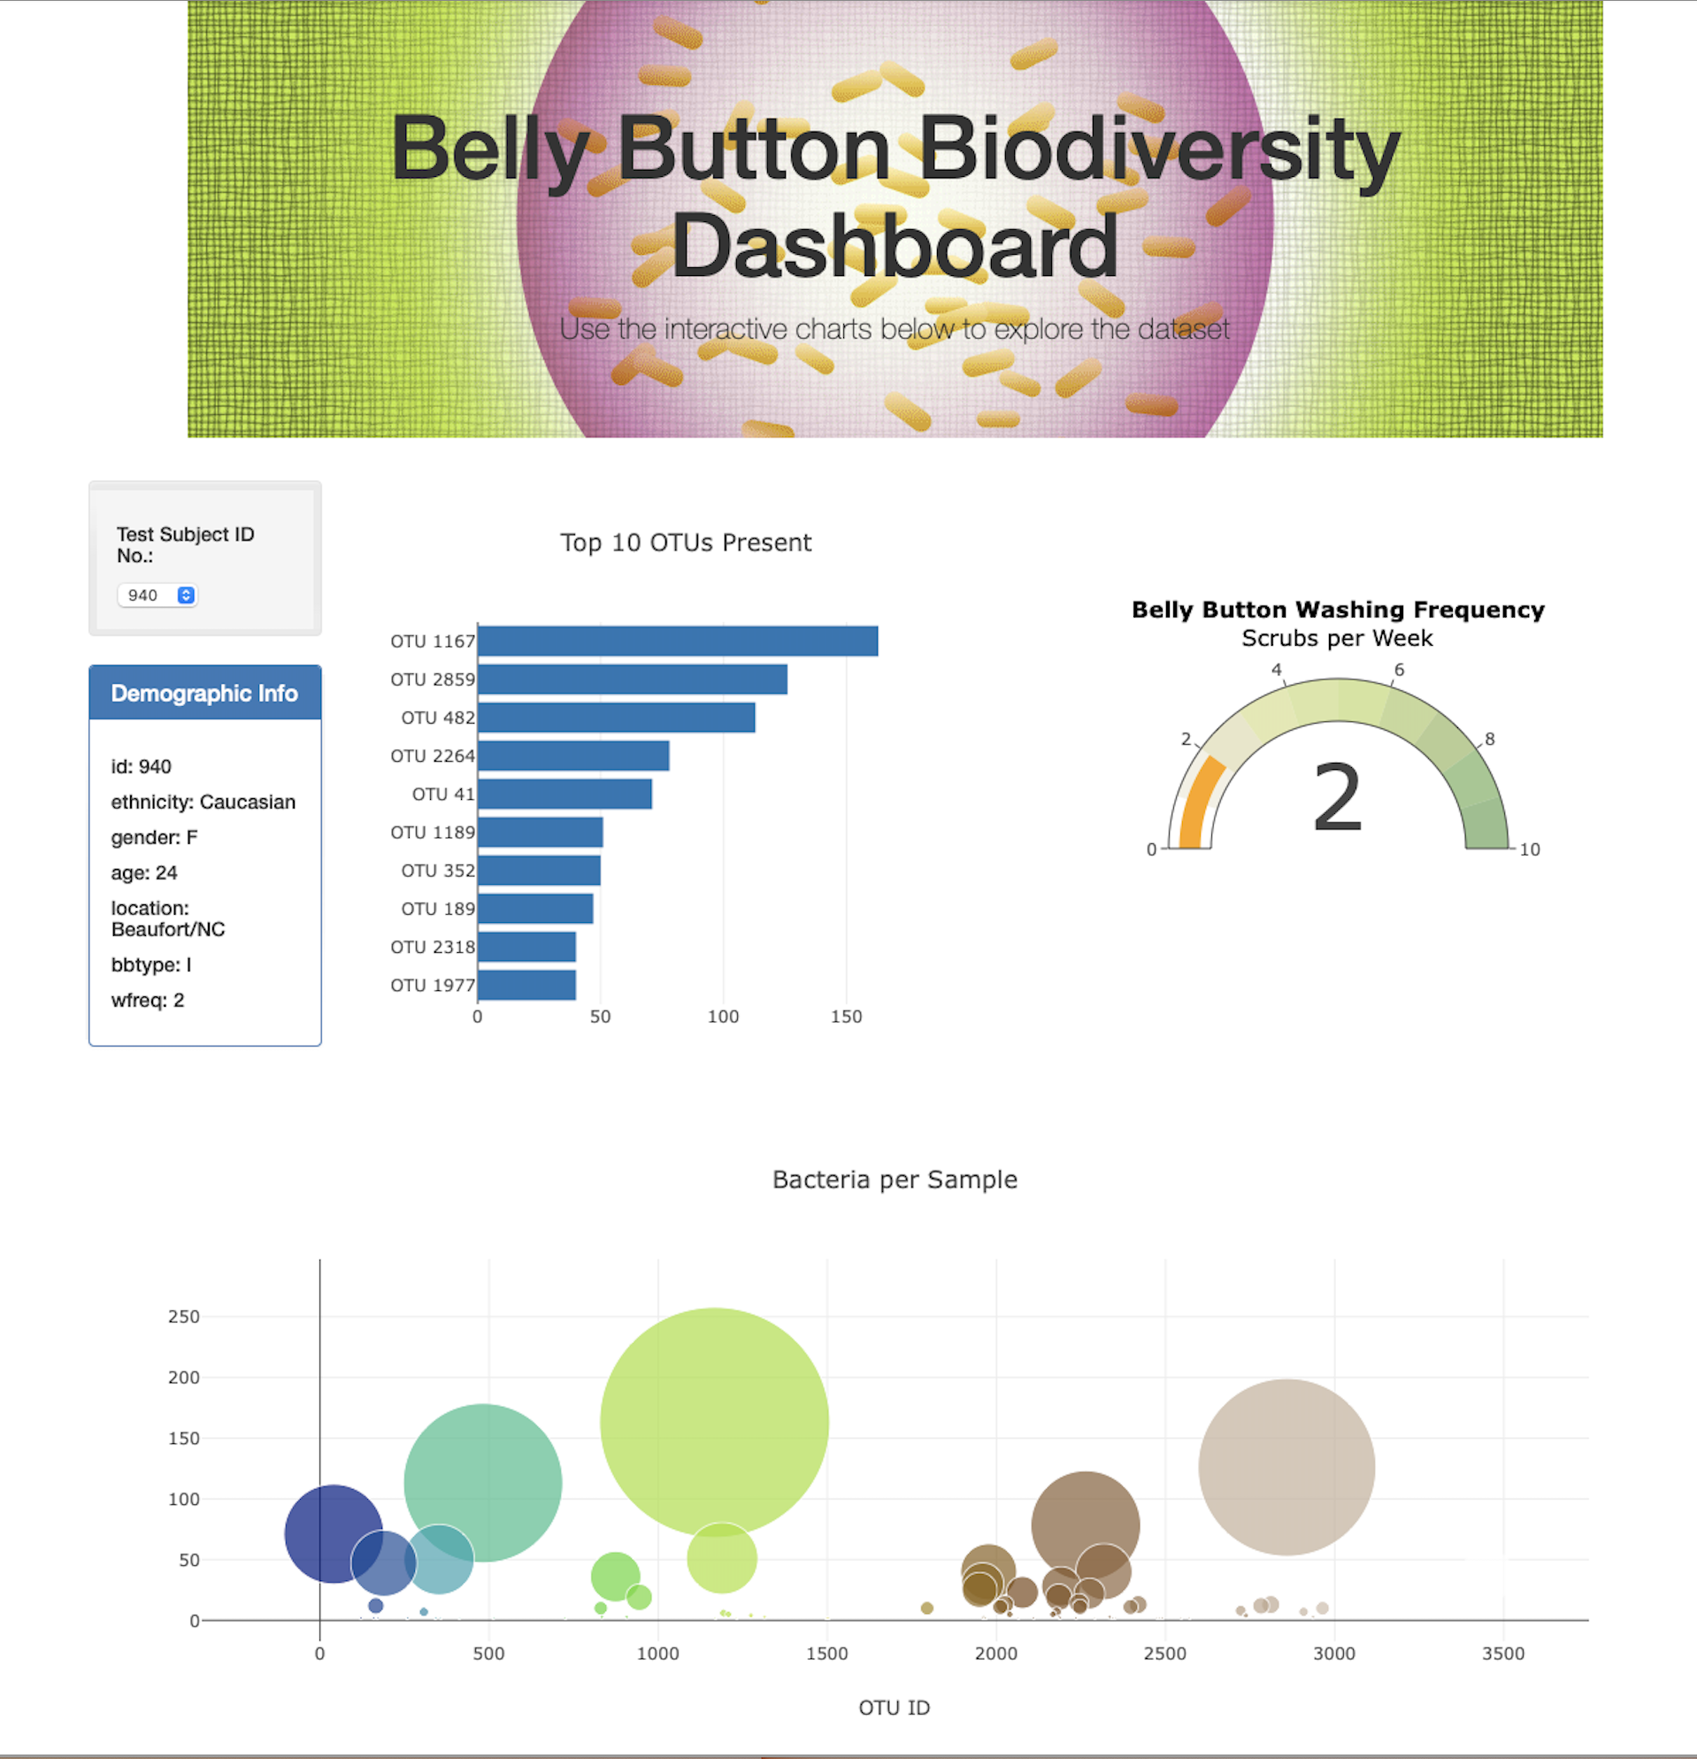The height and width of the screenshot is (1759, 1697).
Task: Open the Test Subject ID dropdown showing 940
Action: click(157, 595)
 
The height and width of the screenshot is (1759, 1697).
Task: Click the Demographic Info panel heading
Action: click(204, 693)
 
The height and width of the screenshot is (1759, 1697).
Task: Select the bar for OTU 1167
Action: click(678, 641)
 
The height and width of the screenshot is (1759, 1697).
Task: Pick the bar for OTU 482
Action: click(617, 717)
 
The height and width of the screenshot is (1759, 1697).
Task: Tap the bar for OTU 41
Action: click(565, 795)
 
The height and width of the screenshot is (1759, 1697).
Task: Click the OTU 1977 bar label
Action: click(433, 986)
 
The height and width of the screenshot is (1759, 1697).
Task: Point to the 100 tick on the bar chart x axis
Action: click(724, 1017)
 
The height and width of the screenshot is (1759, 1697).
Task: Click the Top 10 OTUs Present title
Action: click(686, 543)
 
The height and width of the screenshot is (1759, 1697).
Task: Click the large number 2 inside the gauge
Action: click(1337, 797)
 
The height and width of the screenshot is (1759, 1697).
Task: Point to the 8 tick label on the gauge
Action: click(1490, 740)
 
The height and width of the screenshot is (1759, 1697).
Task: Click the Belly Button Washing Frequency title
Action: click(1338, 611)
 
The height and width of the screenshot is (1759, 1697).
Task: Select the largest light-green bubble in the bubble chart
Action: click(714, 1423)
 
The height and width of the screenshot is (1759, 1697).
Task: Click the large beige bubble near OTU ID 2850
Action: click(1286, 1467)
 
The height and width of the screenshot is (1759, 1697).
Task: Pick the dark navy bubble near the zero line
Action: click(334, 1534)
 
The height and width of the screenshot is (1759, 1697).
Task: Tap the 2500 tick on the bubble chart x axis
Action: click(1165, 1654)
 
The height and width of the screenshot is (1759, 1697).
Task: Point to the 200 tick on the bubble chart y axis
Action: click(184, 1378)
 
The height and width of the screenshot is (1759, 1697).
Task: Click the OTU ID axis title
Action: click(894, 1708)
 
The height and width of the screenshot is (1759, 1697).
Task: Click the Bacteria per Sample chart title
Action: click(895, 1179)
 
